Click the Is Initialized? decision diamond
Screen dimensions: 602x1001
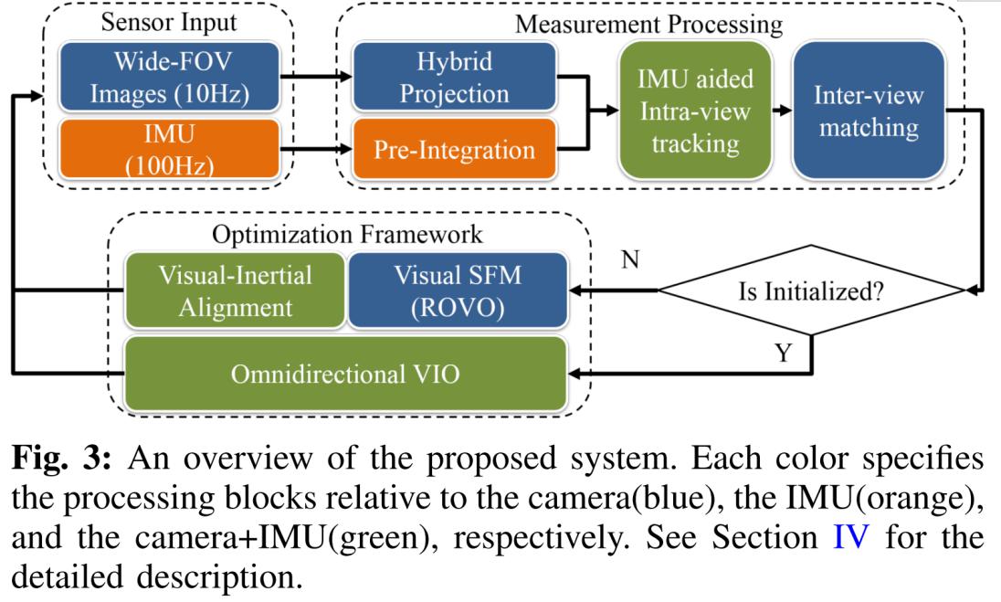coord(811,293)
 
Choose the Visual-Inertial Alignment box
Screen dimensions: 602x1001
coord(233,290)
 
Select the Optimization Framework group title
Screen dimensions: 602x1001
coord(347,234)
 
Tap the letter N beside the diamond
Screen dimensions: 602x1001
coord(629,261)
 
